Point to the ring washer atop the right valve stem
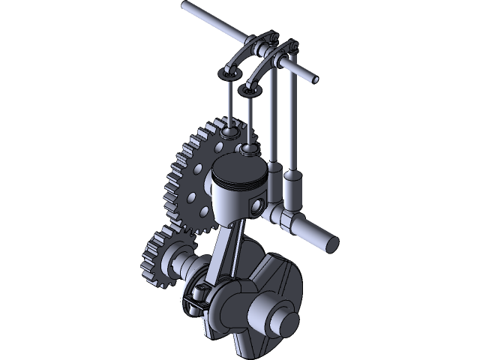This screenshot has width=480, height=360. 249,90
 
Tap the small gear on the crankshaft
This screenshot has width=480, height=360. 158,259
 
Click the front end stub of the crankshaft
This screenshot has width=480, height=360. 284,322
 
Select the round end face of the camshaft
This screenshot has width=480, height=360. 331,243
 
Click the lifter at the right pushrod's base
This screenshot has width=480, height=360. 293,191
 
